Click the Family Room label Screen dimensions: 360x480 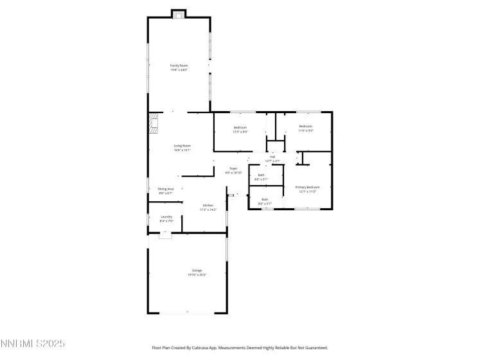click(x=179, y=66)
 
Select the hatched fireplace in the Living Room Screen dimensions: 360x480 click(x=154, y=124)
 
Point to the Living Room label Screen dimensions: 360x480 click(x=182, y=146)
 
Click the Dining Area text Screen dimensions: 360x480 click(x=166, y=189)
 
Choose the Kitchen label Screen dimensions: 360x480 click(x=208, y=206)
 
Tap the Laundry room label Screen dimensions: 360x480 click(x=166, y=217)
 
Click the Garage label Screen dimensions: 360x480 click(x=197, y=271)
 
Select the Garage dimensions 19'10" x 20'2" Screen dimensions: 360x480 click(x=197, y=275)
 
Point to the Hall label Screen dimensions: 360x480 click(x=272, y=157)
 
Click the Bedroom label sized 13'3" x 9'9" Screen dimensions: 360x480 click(x=240, y=127)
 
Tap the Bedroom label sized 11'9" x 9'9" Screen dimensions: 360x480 click(x=306, y=127)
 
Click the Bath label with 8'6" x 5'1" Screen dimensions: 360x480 click(x=261, y=175)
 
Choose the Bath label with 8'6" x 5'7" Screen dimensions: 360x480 click(x=265, y=199)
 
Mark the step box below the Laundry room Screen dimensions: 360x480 click(x=166, y=235)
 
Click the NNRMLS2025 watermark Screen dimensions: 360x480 click(x=33, y=345)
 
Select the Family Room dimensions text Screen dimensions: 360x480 click(x=179, y=70)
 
